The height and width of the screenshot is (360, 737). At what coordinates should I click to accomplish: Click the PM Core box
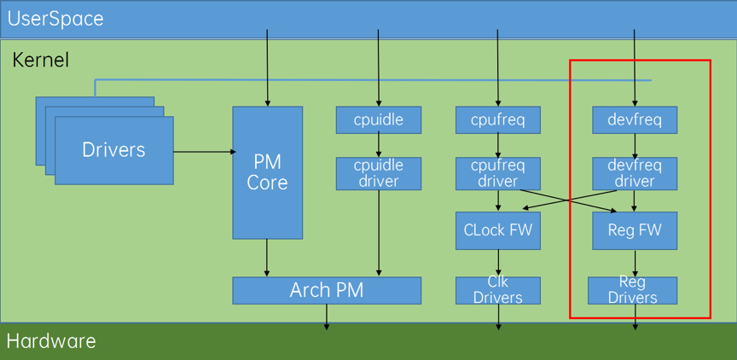(268, 172)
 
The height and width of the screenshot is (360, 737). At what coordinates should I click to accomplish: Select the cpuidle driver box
(379, 173)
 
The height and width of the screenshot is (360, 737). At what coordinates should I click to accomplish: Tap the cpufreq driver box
(498, 173)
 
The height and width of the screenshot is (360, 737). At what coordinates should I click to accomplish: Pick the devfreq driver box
(635, 173)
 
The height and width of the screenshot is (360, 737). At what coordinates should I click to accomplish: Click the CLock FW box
(498, 230)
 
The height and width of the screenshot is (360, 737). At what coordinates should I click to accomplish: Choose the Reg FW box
(635, 230)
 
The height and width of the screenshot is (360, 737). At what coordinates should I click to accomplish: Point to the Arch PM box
(327, 290)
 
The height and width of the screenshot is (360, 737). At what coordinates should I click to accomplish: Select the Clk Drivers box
(498, 290)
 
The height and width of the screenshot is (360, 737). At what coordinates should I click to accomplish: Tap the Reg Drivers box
(633, 290)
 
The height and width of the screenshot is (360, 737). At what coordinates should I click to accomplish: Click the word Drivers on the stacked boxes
(113, 149)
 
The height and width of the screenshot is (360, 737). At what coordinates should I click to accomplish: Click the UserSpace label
(55, 20)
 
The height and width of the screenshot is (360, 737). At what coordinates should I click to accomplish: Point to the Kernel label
(40, 61)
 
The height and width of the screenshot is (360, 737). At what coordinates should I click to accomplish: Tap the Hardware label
(51, 341)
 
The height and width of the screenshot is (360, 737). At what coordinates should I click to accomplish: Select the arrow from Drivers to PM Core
(205, 151)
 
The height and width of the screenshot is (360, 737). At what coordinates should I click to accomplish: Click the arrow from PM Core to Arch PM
(268, 258)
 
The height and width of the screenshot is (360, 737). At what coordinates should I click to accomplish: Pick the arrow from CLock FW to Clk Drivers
(498, 264)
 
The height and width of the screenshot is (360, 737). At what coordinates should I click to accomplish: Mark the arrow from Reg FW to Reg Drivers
(635, 264)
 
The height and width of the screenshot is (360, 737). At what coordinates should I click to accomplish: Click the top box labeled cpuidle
(379, 119)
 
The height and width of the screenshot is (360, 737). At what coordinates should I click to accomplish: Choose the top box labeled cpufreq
(498, 119)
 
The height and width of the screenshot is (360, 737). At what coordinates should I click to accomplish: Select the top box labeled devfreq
(635, 119)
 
